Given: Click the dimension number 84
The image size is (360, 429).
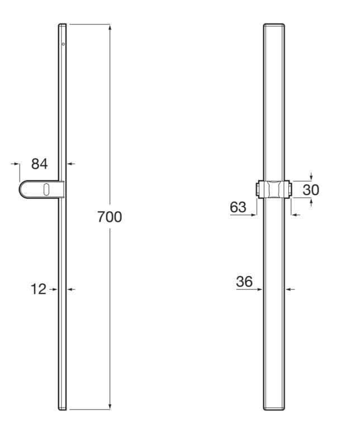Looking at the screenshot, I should coord(39,164).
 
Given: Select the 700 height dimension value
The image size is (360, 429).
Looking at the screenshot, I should coord(110,217).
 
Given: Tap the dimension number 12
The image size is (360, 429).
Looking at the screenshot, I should coord(38,289).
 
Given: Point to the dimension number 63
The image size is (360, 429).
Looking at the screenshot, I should coord(238,207).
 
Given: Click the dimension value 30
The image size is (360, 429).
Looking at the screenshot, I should coord(311,190).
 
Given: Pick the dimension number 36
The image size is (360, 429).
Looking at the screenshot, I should coord(244,282).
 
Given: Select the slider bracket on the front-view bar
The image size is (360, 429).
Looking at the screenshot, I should coord(274,189).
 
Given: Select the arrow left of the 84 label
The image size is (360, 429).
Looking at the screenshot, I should coord(16,164).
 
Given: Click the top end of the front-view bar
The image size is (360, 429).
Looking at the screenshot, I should coord(274,26).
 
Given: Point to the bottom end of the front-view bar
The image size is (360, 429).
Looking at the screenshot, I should coord(274,408).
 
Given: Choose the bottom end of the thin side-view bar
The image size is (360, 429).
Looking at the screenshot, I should coord(62,408).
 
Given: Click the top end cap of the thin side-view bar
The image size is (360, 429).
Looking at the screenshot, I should coord(62,25).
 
